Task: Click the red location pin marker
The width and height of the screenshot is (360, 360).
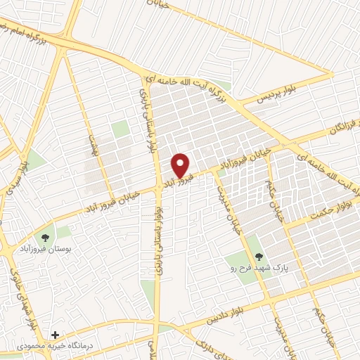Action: (181, 166)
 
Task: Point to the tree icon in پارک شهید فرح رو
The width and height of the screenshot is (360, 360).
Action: (259, 257)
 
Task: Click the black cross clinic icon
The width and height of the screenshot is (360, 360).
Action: (55, 336)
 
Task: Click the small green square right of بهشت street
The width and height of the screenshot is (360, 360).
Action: (121, 129)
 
